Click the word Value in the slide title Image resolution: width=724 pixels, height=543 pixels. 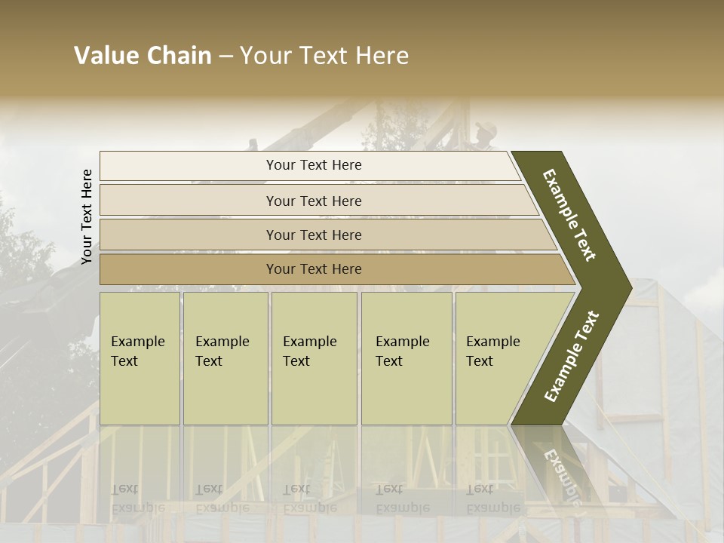pos(105,56)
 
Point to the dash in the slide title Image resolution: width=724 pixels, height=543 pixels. pos(225,57)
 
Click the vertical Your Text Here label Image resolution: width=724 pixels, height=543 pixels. pos(87,216)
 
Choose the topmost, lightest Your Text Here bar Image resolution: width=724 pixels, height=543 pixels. pos(314,165)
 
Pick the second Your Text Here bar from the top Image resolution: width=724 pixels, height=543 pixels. pos(314,201)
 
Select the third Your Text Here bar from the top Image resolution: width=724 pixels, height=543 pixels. pos(314,235)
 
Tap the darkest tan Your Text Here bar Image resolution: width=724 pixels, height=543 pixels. pos(314,269)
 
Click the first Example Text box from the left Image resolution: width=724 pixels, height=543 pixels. pos(140,358)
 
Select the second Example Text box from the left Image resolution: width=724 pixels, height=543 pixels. pos(225,358)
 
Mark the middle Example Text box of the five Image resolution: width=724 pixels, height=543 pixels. pos(314,358)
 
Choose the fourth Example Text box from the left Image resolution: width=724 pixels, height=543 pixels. pos(406,358)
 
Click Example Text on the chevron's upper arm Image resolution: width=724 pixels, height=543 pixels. pos(569,215)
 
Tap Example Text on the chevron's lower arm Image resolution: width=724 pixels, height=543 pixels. pos(572,356)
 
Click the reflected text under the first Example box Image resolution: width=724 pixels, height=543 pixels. pos(138,499)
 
